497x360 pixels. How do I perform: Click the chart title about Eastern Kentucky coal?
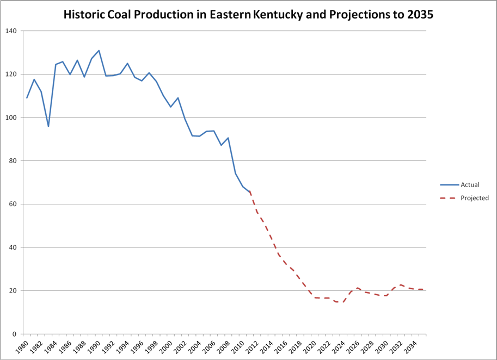tap(248, 15)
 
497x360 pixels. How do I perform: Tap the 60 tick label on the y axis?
tap(13, 204)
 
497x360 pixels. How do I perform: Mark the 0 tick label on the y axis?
tap(15, 334)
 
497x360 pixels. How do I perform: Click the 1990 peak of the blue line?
tap(99, 51)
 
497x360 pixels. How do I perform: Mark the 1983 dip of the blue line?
tap(48, 126)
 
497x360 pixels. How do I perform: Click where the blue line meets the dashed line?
tap(250, 191)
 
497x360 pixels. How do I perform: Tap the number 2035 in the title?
tap(419, 15)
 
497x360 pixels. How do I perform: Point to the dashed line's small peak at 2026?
tap(358, 288)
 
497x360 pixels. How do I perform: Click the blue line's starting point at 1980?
tap(27, 98)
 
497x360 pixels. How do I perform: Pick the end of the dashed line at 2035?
tap(422, 289)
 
